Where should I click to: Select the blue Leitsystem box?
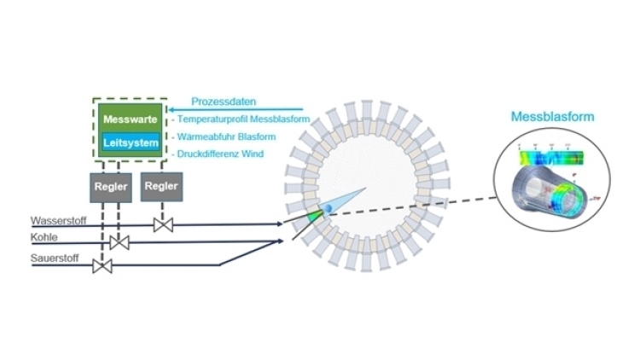pyautogui.click(x=130, y=143)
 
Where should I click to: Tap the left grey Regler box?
pyautogui.click(x=111, y=186)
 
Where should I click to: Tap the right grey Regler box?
pyautogui.click(x=161, y=185)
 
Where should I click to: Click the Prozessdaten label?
pyautogui.click(x=223, y=101)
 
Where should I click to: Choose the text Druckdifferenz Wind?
pyautogui.click(x=224, y=154)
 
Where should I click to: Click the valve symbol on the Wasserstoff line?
pyautogui.click(x=162, y=224)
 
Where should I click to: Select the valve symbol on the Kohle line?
pyautogui.click(x=119, y=242)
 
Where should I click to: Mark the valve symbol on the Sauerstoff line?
pyautogui.click(x=103, y=267)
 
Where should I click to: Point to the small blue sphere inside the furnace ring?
pyautogui.click(x=326, y=209)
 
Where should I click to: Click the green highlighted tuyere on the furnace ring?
pyautogui.click(x=315, y=217)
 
